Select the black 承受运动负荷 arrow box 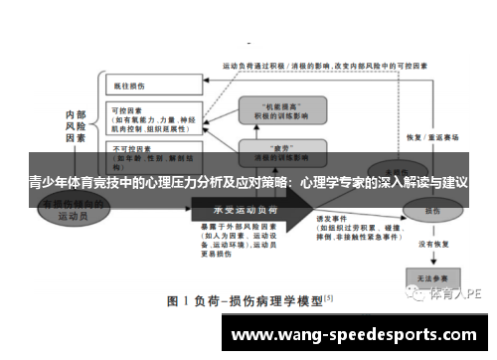(x=249, y=211)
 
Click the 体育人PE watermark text (x=458, y=293)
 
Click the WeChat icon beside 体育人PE (x=420, y=293)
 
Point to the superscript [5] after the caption (x=328, y=295)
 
